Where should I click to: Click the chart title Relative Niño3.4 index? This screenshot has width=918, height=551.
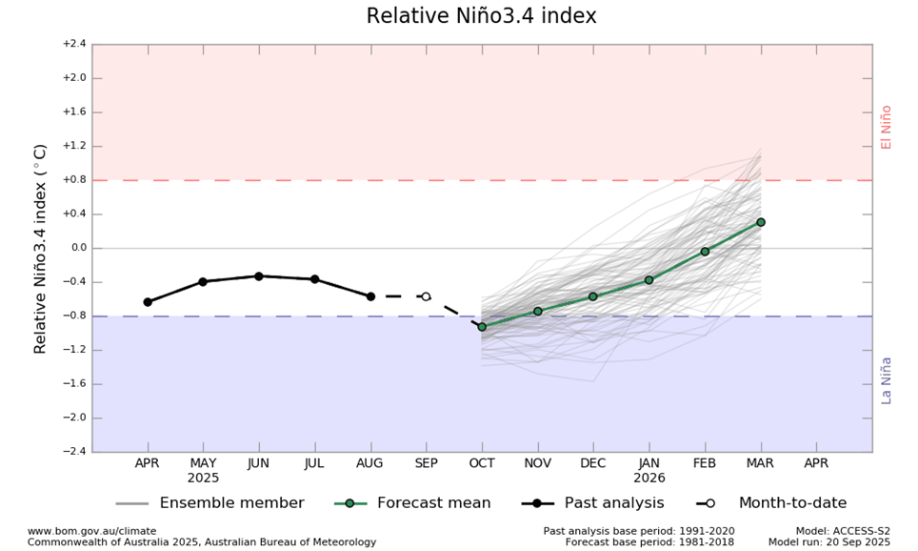pyautogui.click(x=481, y=16)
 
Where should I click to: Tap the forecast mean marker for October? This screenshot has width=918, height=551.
pyautogui.click(x=482, y=327)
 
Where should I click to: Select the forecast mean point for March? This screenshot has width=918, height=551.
pyautogui.click(x=760, y=222)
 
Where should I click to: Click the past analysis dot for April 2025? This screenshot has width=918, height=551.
pyautogui.click(x=148, y=302)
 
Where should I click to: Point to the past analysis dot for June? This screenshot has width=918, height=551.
pyautogui.click(x=258, y=276)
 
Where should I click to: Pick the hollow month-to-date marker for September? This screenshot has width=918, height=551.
pyautogui.click(x=426, y=296)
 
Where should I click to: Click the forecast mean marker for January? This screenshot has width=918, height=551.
pyautogui.click(x=649, y=280)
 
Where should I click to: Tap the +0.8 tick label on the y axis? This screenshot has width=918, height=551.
pyautogui.click(x=73, y=180)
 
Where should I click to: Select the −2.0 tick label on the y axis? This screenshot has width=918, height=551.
pyautogui.click(x=73, y=418)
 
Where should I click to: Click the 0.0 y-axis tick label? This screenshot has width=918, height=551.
pyautogui.click(x=75, y=248)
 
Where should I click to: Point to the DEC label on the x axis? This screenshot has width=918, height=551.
pyautogui.click(x=593, y=462)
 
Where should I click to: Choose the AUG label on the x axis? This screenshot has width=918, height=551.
pyautogui.click(x=369, y=462)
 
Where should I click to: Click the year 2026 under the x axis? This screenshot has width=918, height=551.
pyautogui.click(x=649, y=478)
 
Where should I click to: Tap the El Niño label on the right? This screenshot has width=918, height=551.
pyautogui.click(x=887, y=127)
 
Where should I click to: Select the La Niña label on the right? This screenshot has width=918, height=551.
pyautogui.click(x=887, y=379)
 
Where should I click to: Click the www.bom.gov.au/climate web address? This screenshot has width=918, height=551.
pyautogui.click(x=91, y=531)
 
